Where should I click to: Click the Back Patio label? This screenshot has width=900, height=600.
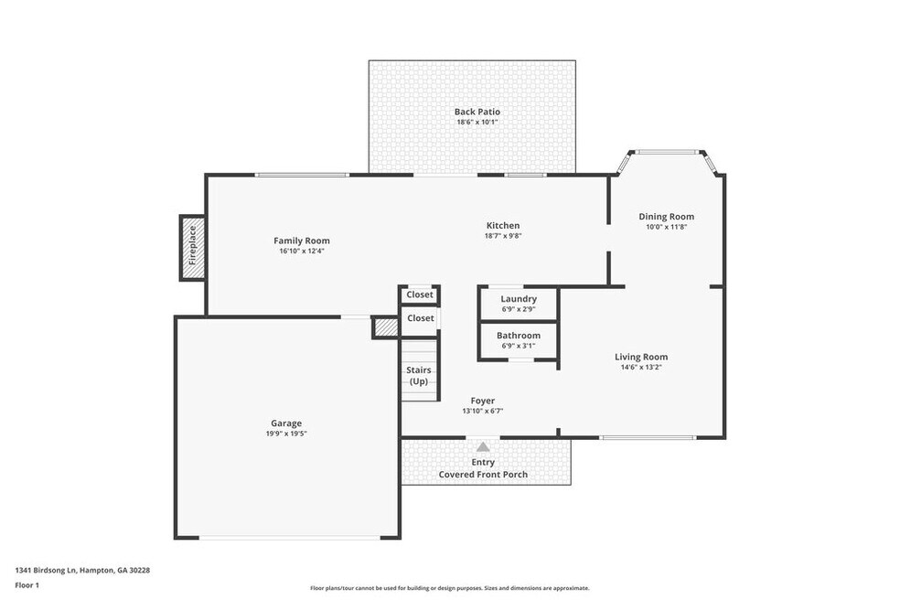click(x=477, y=112)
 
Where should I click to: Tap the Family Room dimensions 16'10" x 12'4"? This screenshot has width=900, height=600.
click(x=302, y=251)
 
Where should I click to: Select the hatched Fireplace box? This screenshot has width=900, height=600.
click(x=193, y=248)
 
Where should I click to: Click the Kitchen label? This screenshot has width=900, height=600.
click(x=503, y=226)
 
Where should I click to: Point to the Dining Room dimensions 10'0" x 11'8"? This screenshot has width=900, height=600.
click(x=667, y=227)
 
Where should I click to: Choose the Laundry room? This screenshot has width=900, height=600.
click(x=519, y=303)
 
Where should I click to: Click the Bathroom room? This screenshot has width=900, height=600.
click(x=519, y=340)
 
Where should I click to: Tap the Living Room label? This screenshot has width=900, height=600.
click(x=641, y=357)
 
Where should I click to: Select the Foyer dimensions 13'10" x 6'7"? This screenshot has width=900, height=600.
click(x=483, y=411)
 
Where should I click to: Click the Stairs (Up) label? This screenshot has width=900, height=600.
click(x=419, y=376)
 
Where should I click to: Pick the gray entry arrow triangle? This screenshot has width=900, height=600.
click(x=483, y=446)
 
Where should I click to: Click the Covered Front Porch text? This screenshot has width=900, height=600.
click(x=483, y=475)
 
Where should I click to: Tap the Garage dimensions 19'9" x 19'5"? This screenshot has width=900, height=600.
click(x=286, y=434)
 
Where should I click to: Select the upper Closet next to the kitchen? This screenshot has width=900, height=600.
click(x=420, y=295)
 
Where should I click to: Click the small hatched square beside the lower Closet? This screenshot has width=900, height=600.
click(x=386, y=327)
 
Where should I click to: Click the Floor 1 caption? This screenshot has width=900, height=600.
click(x=27, y=585)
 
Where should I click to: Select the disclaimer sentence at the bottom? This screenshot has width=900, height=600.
click(x=449, y=588)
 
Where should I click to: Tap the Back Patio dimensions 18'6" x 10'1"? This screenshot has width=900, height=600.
click(x=477, y=123)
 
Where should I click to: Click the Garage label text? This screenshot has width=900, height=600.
click(x=286, y=423)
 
